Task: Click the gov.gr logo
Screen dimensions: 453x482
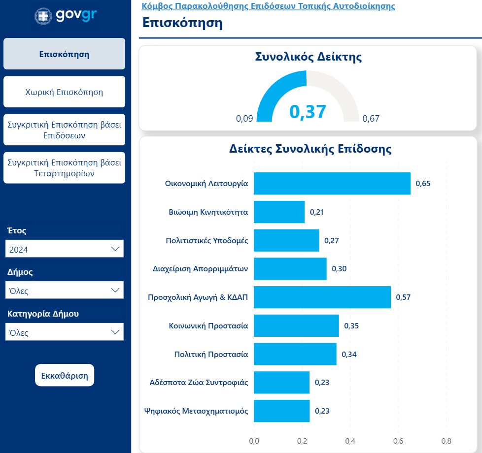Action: click(x=66, y=15)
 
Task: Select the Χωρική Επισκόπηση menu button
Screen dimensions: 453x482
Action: click(x=64, y=92)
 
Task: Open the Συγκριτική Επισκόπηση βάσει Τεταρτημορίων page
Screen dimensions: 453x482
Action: click(x=64, y=168)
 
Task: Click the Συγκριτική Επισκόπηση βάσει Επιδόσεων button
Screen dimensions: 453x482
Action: click(x=64, y=130)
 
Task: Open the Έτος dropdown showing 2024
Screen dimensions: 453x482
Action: click(x=64, y=249)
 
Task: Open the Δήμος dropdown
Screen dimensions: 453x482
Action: click(x=64, y=291)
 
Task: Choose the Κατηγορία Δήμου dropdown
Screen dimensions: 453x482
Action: click(x=64, y=332)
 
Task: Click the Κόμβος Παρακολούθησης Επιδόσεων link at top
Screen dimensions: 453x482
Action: click(x=268, y=6)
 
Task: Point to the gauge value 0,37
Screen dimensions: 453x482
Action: click(x=308, y=112)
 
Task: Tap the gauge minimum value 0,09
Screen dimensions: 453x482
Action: click(x=244, y=119)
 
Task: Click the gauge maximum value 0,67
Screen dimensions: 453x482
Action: click(x=371, y=119)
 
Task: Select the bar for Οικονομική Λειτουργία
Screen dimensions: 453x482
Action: click(x=332, y=184)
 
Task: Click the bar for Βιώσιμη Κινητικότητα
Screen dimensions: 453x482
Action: click(x=279, y=212)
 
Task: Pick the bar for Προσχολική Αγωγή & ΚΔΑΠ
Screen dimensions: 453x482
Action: click(x=322, y=297)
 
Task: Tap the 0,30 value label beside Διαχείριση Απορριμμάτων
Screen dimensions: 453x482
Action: click(x=339, y=269)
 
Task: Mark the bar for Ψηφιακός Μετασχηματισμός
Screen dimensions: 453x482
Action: click(x=281, y=411)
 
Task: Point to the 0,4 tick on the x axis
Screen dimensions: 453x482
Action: click(x=350, y=441)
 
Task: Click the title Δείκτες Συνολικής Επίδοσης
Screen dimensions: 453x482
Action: click(x=310, y=149)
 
